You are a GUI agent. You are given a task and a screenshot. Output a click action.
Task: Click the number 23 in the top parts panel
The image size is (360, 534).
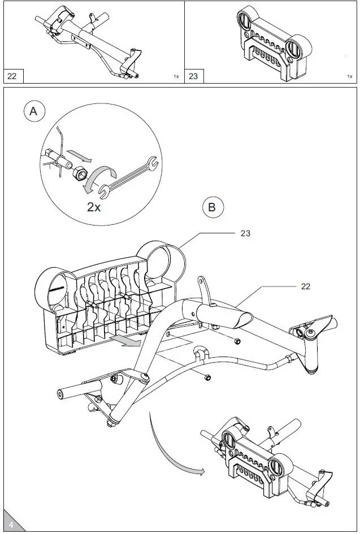pos(193,76)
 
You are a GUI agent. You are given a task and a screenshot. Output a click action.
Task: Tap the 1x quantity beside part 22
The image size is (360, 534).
pos(176,76)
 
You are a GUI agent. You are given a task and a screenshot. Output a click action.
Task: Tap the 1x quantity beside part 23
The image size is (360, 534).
pos(350,76)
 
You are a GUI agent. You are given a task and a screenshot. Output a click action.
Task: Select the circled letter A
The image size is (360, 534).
pos(34,112)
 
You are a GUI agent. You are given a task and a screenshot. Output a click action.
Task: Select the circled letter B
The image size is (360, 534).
pos(212,207)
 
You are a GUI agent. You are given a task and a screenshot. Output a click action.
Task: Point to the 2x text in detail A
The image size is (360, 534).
pos(94,206)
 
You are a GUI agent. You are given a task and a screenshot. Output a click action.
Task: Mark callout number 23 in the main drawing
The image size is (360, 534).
pos(245,232)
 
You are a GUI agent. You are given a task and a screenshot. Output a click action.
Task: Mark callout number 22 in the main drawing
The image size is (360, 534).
pos(305,286)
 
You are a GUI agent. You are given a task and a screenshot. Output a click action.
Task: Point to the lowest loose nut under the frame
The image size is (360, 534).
pos(207,377)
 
